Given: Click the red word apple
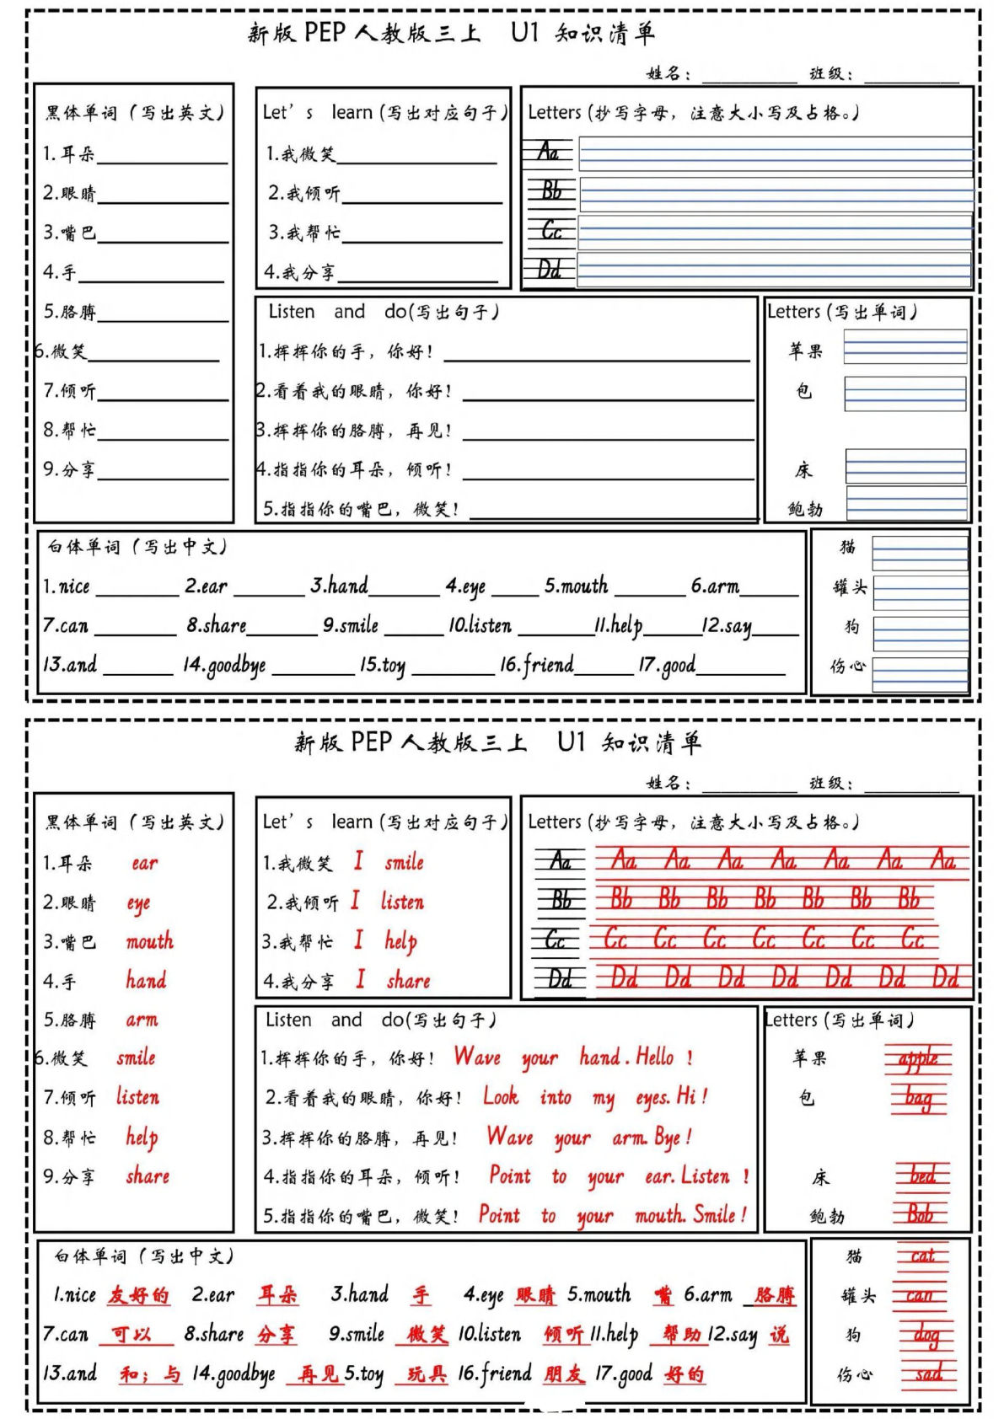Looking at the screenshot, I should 918,1059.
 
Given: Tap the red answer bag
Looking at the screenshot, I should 918,1098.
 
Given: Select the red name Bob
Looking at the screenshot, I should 921,1214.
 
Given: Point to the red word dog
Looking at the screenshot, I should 926,1335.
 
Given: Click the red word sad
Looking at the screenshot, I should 928,1373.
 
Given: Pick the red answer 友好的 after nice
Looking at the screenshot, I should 138,1295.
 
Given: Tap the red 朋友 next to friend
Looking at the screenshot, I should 563,1374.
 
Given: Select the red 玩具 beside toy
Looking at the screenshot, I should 427,1374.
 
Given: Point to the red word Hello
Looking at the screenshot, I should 655,1057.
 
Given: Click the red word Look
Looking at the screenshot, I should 501,1096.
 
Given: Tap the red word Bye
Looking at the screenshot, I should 667,1138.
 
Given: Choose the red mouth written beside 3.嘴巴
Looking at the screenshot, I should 150,941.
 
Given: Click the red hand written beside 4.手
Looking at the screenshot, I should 146,980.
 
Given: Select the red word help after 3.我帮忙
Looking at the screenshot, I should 401,941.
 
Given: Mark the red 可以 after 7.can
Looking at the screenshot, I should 131,1335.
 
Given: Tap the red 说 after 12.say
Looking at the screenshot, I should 779,1335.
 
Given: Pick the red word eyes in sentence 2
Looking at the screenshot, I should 653,1097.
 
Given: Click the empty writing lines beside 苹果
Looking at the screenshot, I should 905,346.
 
